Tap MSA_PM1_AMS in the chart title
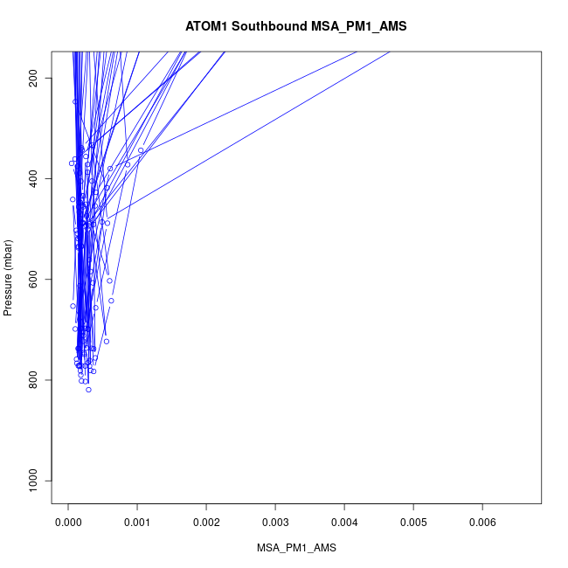pyautogui.click(x=359, y=26)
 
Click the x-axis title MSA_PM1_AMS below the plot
pyautogui.click(x=296, y=548)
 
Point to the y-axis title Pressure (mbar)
pyautogui.click(x=9, y=277)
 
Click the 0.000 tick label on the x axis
pyautogui.click(x=68, y=522)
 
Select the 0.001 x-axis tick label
pyautogui.click(x=137, y=522)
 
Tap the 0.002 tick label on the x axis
pyautogui.click(x=206, y=522)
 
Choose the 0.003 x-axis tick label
pyautogui.click(x=275, y=522)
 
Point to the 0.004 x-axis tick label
pyautogui.click(x=344, y=522)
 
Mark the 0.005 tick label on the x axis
pyautogui.click(x=413, y=522)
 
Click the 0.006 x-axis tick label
pyautogui.click(x=482, y=522)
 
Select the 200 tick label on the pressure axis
pyautogui.click(x=41, y=79)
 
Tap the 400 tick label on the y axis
pyautogui.click(x=41, y=179)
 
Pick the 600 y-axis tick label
pyautogui.click(x=41, y=280)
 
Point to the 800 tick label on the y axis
pyautogui.click(x=41, y=380)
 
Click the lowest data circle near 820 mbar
pyautogui.click(x=88, y=390)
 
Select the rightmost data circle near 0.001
pyautogui.click(x=141, y=150)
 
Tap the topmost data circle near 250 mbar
pyautogui.click(x=75, y=101)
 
